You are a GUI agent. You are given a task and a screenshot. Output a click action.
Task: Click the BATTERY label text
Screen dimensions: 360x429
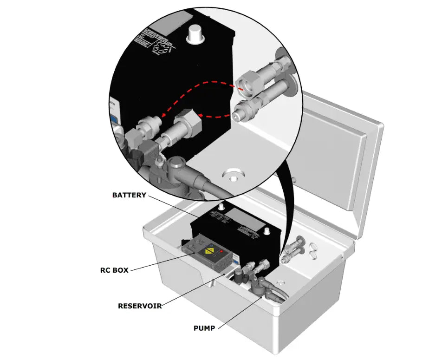pyautogui.click(x=129, y=195)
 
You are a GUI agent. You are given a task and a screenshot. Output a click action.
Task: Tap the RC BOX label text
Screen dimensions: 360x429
pyautogui.click(x=114, y=270)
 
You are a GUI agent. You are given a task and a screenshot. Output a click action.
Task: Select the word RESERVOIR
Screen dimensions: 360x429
pyautogui.click(x=140, y=306)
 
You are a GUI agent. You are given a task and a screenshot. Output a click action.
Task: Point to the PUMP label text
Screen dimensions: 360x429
pyautogui.click(x=204, y=328)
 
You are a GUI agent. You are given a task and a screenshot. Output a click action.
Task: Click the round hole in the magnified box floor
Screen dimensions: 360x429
pyautogui.click(x=232, y=177)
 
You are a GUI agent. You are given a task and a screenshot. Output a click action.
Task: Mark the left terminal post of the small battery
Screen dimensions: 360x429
pyautogui.click(x=221, y=205)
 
